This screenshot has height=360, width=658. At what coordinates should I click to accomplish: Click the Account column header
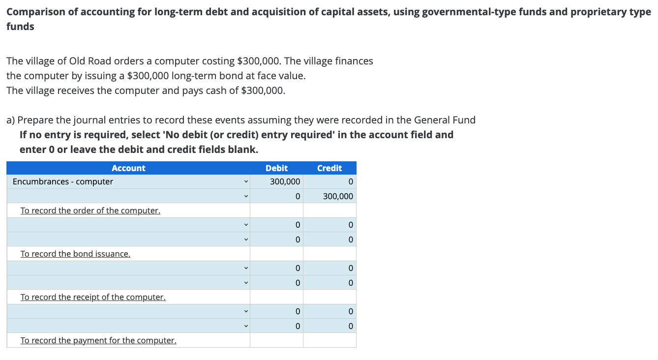pyautogui.click(x=128, y=168)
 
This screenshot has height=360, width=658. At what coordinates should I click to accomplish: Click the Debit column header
pyautogui.click(x=276, y=168)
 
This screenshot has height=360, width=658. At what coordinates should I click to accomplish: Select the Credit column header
pyautogui.click(x=329, y=168)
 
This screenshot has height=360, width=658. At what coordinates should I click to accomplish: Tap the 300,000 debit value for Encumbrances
pyautogui.click(x=285, y=182)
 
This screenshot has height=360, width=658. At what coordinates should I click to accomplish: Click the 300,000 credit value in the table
pyautogui.click(x=338, y=197)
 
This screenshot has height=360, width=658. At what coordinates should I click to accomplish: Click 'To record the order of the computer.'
pyautogui.click(x=90, y=210)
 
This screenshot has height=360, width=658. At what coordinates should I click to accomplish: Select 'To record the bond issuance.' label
pyautogui.click(x=75, y=254)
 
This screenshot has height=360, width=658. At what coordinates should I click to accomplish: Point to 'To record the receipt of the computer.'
pyautogui.click(x=93, y=297)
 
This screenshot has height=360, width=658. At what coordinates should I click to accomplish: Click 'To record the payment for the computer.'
pyautogui.click(x=98, y=340)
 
